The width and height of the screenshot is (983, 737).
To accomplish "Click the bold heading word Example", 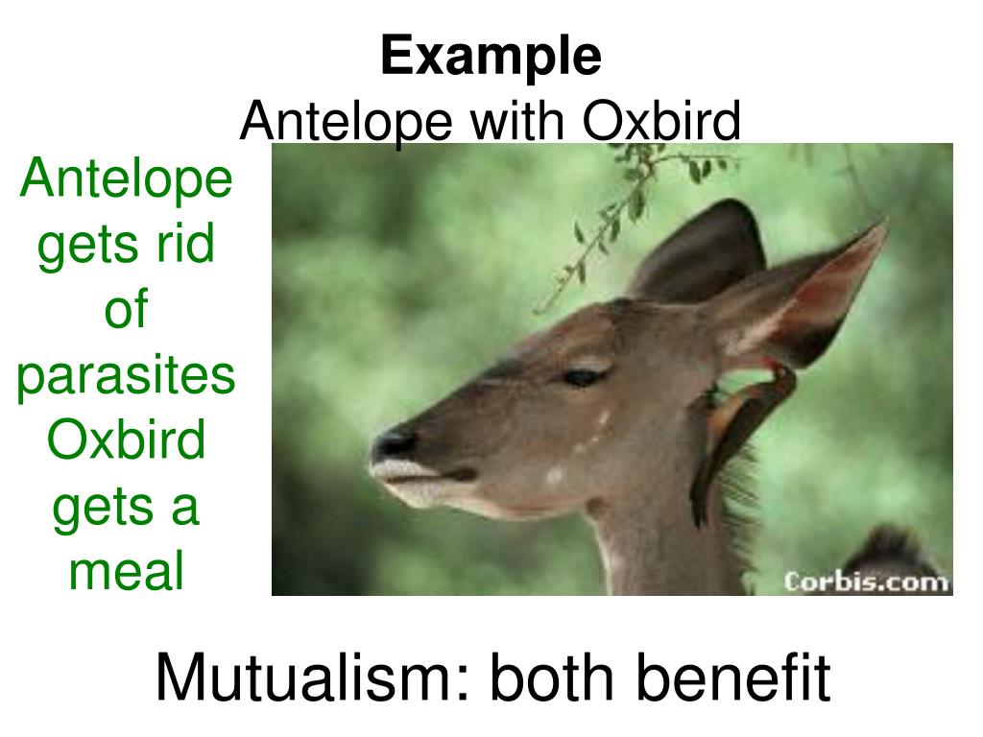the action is (491, 58).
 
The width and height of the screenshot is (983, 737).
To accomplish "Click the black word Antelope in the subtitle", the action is (346, 123).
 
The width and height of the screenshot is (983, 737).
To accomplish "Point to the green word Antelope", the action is (126, 179).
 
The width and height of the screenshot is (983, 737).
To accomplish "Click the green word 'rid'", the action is (185, 243).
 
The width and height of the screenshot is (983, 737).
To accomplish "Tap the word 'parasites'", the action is (126, 376).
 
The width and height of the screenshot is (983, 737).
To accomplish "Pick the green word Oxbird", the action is (126, 439).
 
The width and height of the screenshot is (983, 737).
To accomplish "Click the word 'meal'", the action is (126, 570).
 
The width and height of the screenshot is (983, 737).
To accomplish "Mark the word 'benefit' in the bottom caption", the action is (733, 678).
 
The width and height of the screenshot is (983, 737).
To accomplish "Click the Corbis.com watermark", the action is (867, 582).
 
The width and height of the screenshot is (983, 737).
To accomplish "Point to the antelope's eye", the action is (583, 376).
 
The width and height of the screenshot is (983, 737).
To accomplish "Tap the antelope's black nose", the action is (394, 442).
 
